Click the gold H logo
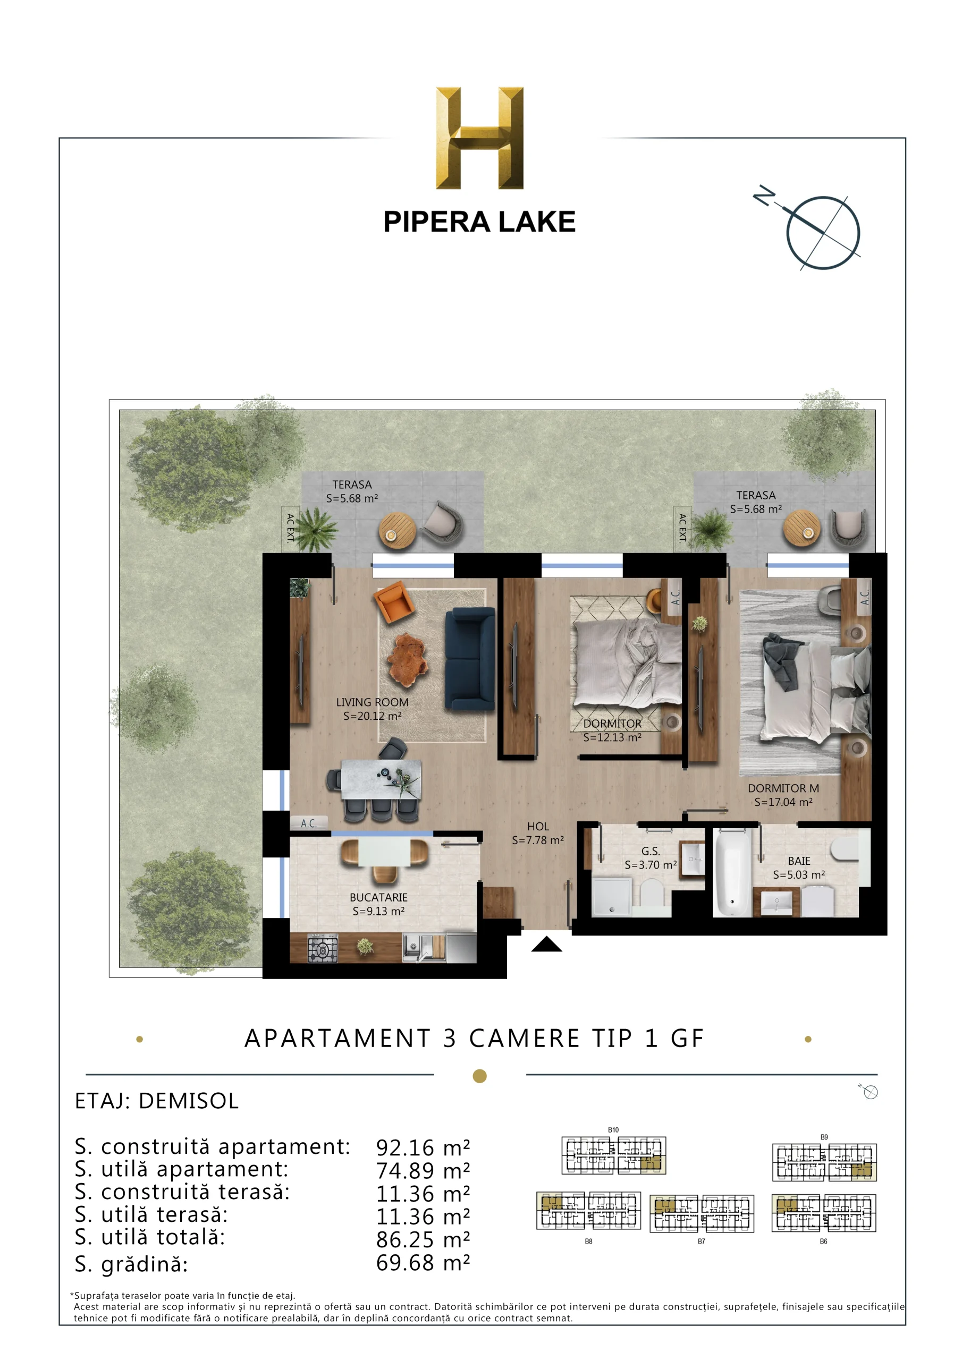pos(479,138)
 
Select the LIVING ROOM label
pos(372,702)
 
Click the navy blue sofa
pos(469,658)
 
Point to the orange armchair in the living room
pos(394,602)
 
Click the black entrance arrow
pos(546,943)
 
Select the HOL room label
pos(538,826)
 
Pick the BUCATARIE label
pos(378,897)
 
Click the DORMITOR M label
pos(783,788)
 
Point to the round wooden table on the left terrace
pos(398,531)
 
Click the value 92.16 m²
pos(423,1148)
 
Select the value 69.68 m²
pos(423,1263)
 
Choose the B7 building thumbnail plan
pos(702,1214)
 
